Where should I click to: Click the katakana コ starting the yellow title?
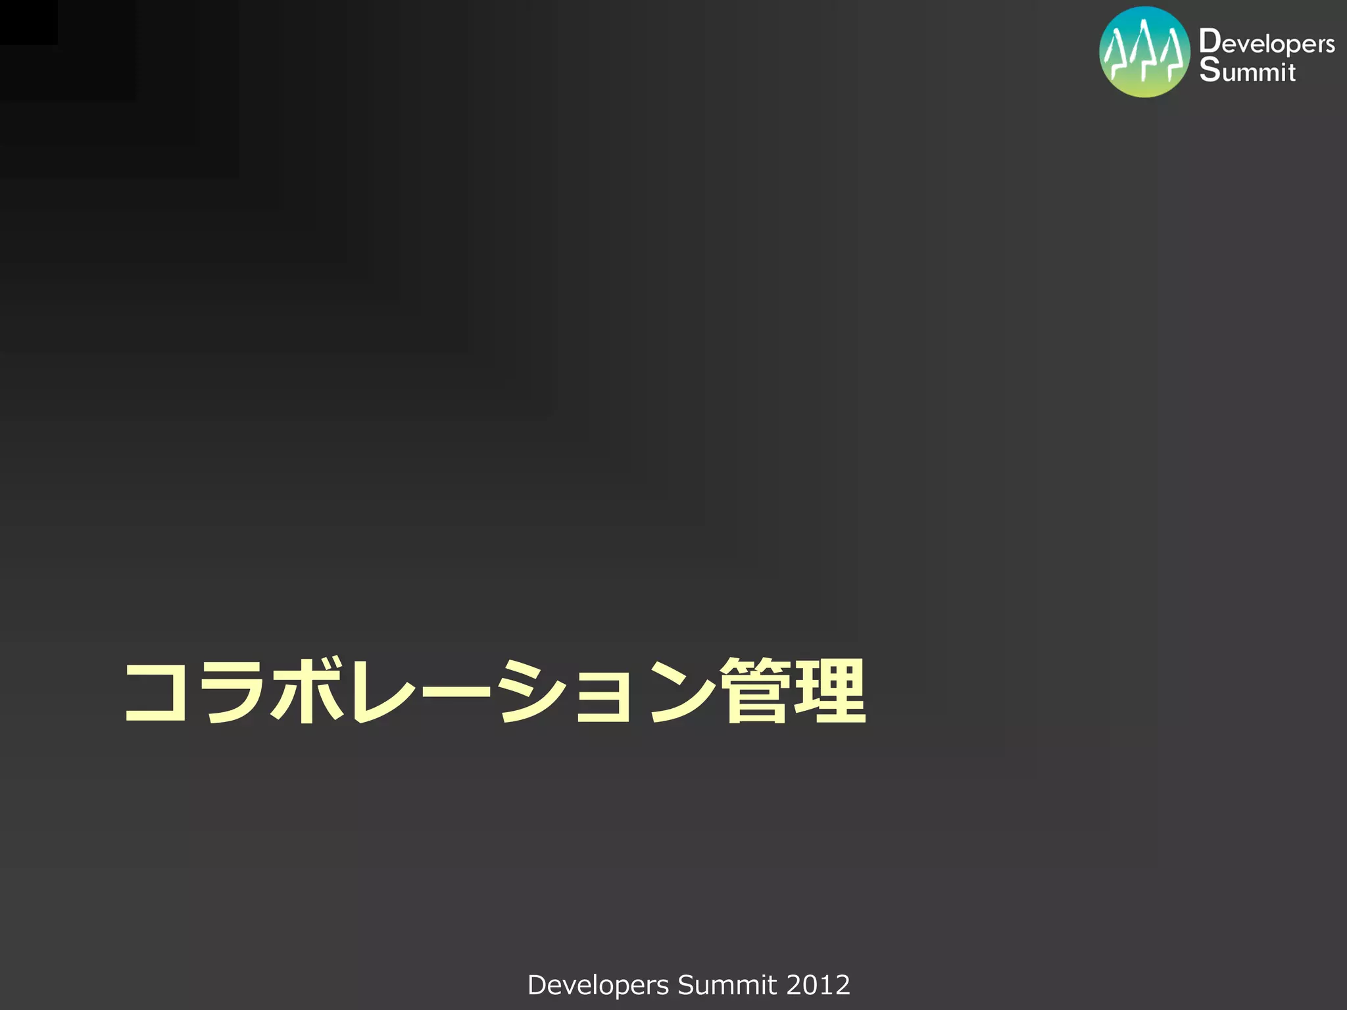pyautogui.click(x=157, y=692)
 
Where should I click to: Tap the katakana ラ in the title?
pyautogui.click(x=232, y=692)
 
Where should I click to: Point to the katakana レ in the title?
pyautogui.click(x=380, y=692)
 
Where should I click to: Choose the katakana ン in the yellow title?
pyautogui.click(x=680, y=692)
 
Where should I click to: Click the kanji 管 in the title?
pyautogui.click(x=756, y=690)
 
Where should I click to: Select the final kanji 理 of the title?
pyautogui.click(x=830, y=690)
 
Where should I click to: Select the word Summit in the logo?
pyautogui.click(x=1247, y=70)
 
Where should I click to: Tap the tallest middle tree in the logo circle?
pyautogui.click(x=1145, y=49)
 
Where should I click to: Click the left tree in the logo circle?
pyautogui.click(x=1116, y=56)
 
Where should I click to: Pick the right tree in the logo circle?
pyautogui.click(x=1173, y=56)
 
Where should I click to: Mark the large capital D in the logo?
pyautogui.click(x=1209, y=41)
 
